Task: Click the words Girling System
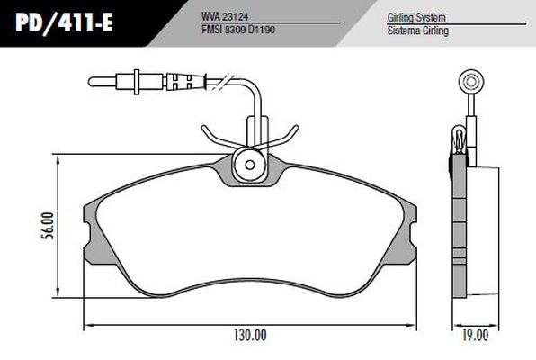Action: [417, 16]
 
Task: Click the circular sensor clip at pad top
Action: [249, 166]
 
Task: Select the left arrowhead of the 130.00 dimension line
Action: [87, 324]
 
